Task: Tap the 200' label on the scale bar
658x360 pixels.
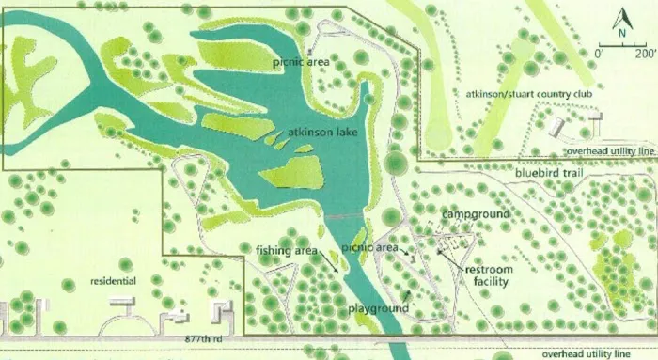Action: [644, 54]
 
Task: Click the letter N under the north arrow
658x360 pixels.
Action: [620, 32]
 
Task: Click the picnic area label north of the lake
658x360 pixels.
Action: [299, 63]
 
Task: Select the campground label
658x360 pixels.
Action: [476, 214]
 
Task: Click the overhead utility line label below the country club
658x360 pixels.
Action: [609, 152]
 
